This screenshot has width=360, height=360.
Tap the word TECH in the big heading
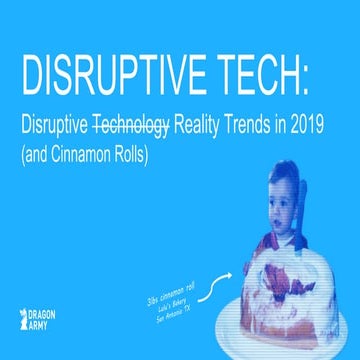pyautogui.click(x=255, y=73)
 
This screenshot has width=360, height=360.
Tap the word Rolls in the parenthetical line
pyautogui.click(x=150, y=156)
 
